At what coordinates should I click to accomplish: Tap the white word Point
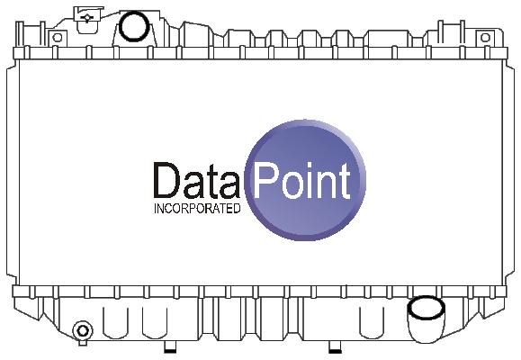click(301, 182)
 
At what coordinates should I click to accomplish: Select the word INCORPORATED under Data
click(197, 209)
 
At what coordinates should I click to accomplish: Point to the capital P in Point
click(265, 182)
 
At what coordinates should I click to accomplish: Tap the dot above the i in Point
click(313, 166)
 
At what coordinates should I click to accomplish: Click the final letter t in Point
click(346, 182)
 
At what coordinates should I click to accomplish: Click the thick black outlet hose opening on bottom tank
click(426, 308)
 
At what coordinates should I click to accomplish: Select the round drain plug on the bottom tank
click(83, 330)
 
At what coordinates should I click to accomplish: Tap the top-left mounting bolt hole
click(58, 38)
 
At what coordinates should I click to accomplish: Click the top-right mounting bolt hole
click(485, 38)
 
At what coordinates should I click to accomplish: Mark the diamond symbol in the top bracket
click(87, 18)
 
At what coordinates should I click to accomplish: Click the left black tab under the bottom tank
click(170, 349)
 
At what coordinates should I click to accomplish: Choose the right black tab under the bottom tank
click(335, 349)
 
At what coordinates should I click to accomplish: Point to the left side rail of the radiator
click(13, 172)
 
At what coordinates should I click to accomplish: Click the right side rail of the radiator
click(508, 172)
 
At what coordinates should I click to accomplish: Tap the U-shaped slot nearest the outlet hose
click(373, 323)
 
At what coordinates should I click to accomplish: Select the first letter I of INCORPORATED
click(155, 209)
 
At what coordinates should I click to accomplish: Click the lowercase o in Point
click(293, 186)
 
